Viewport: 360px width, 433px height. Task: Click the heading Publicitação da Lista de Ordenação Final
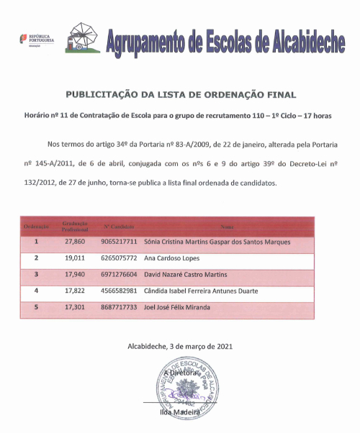(x=181, y=94)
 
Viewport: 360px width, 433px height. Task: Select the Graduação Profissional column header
(x=75, y=227)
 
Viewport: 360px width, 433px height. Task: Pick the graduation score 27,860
(x=75, y=242)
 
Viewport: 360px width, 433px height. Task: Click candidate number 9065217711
(x=119, y=242)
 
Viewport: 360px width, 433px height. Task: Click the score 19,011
(x=75, y=257)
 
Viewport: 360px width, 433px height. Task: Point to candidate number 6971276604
(x=119, y=274)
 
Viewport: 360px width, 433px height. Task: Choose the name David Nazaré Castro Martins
(x=185, y=274)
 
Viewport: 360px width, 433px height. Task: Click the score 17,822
(x=75, y=291)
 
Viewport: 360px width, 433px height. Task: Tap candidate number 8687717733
(x=119, y=306)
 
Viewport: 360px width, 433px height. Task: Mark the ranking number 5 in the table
(x=36, y=306)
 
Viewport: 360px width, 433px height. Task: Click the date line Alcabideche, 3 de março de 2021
(x=180, y=346)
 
